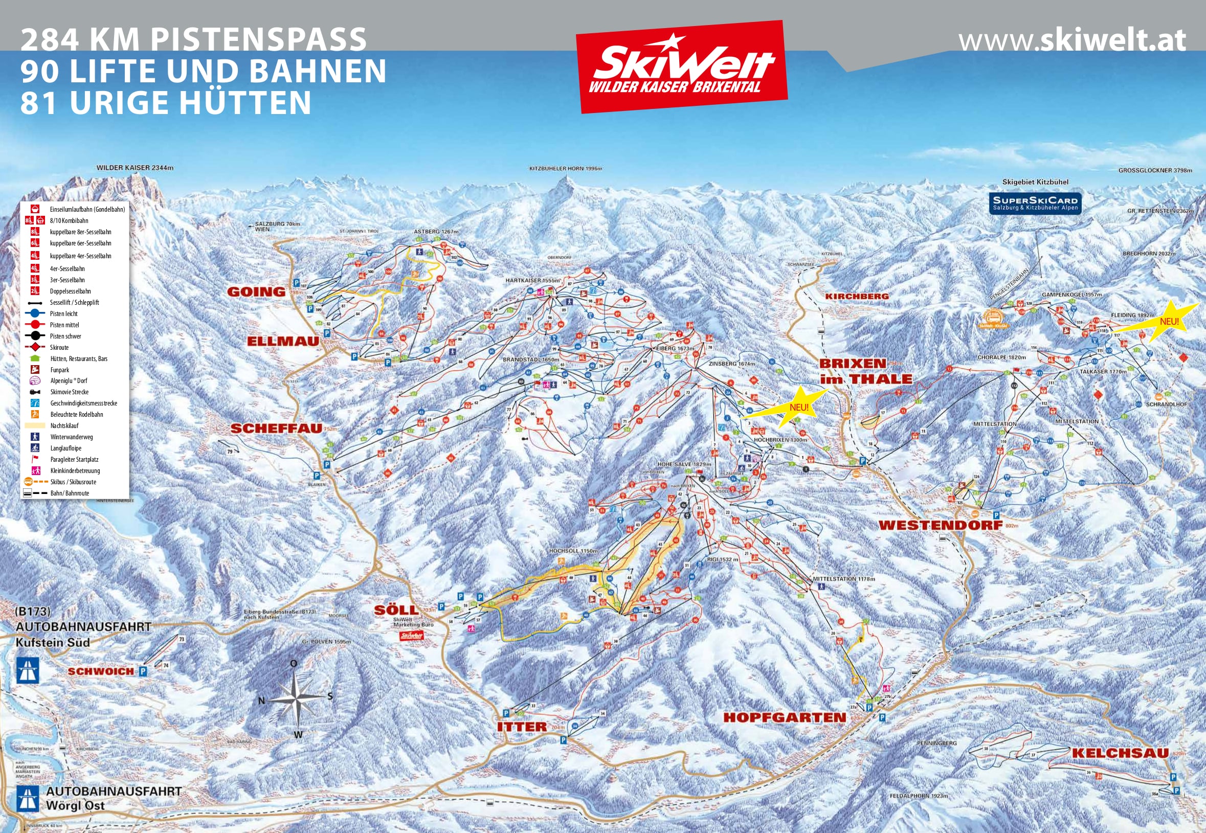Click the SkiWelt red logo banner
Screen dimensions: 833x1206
pos(682,67)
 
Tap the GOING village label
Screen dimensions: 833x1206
pos(256,292)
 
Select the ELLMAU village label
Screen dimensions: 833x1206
pos(282,342)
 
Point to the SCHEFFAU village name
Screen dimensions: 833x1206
pos(276,429)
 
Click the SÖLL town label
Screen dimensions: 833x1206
pos(396,610)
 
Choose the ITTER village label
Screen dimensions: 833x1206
pos(522,727)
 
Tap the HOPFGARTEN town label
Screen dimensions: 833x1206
pos(784,717)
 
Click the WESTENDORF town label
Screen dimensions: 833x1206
pos(940,525)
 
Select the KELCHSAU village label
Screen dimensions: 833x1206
pos(1120,753)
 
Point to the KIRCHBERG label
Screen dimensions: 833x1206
pos(857,296)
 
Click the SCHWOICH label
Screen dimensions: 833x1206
pos(101,671)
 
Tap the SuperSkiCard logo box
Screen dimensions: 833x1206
pos(1035,203)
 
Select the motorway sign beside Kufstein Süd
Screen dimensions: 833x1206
pos(28,670)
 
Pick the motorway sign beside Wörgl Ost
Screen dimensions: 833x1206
pos(28,799)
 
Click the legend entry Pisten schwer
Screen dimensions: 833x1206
pos(65,336)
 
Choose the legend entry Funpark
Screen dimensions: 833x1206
pos(59,370)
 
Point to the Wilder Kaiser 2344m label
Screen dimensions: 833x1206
pos(135,168)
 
